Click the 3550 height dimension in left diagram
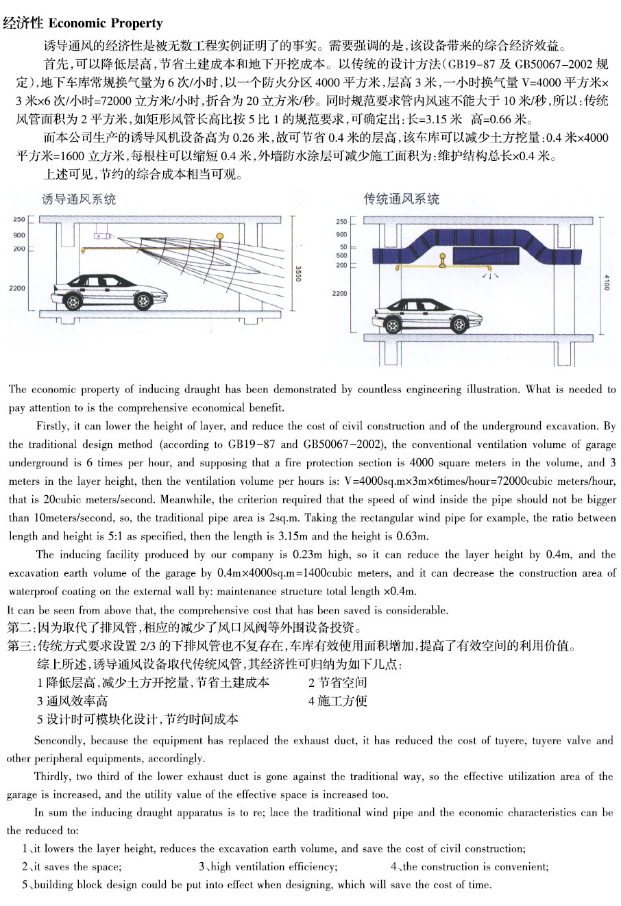pyautogui.click(x=297, y=273)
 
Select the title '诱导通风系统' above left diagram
pyautogui.click(x=79, y=199)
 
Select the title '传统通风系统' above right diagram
pyautogui.click(x=402, y=199)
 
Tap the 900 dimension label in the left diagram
pyautogui.click(x=19, y=235)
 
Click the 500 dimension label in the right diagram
pyautogui.click(x=341, y=255)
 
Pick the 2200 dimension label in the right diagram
pyautogui.click(x=339, y=294)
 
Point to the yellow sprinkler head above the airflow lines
pyautogui.click(x=220, y=238)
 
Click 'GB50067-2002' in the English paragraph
pyautogui.click(x=343, y=444)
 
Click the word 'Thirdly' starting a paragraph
pyautogui.click(x=53, y=776)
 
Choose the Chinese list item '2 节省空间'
pyautogui.click(x=338, y=682)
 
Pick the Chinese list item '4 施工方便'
pyautogui.click(x=338, y=701)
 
